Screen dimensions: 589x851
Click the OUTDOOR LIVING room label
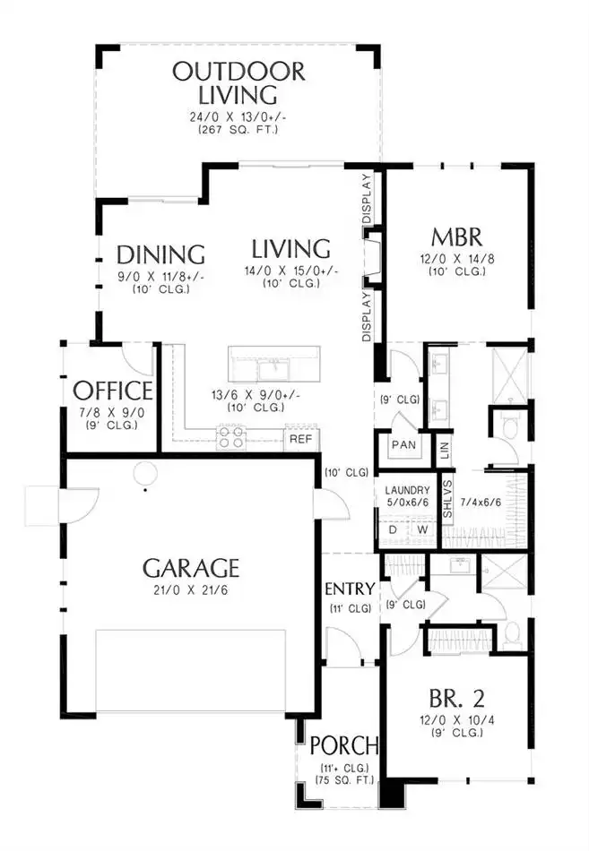point(238,83)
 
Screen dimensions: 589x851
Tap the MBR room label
point(456,237)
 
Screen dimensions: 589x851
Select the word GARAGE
point(191,568)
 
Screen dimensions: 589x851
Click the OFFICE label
point(113,391)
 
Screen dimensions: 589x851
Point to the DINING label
point(160,254)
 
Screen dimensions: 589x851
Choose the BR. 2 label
point(456,699)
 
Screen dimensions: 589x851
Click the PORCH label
point(344,746)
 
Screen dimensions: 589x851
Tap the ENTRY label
point(350,589)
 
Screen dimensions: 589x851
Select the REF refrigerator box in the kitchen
point(301,438)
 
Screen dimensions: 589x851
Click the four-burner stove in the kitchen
point(231,438)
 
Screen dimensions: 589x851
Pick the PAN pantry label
point(403,444)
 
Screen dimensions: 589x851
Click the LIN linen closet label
point(445,449)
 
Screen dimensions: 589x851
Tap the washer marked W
point(423,529)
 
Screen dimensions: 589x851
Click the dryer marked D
point(394,529)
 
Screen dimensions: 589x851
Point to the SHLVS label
point(447,499)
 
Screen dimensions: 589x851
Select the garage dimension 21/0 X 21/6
point(191,590)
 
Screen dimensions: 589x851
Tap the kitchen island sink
point(274,370)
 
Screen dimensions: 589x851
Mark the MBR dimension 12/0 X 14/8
point(457,259)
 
